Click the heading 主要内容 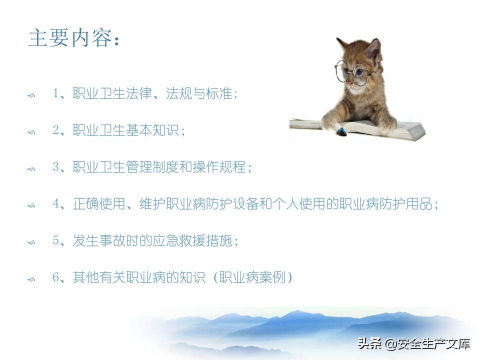click(74, 38)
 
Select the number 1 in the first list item click(56, 94)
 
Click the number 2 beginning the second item click(56, 130)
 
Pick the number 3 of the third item click(56, 167)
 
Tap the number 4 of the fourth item click(56, 204)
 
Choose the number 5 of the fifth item click(56, 241)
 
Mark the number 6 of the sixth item click(56, 277)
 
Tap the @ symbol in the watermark click(389, 344)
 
